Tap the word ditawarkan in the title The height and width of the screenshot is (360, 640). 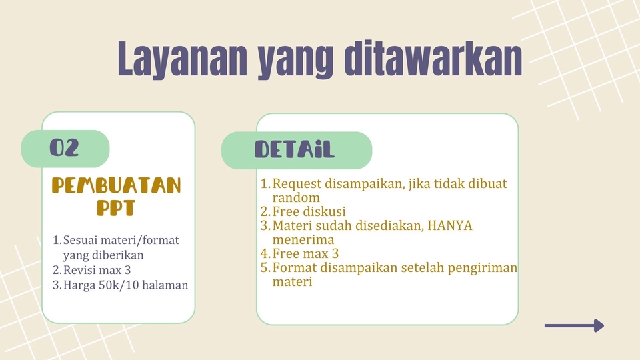point(433,60)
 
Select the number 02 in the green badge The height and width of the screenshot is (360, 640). point(65,148)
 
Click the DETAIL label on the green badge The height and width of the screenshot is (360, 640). point(295,150)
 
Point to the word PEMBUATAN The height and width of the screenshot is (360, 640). point(117,185)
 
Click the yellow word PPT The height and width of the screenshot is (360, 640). point(116,208)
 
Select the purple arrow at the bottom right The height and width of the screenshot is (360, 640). point(574,325)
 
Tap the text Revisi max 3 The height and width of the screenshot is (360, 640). point(97,270)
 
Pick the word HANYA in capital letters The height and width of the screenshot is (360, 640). point(450,225)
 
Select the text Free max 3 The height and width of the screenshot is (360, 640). point(306,254)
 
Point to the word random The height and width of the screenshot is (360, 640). point(296,197)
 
